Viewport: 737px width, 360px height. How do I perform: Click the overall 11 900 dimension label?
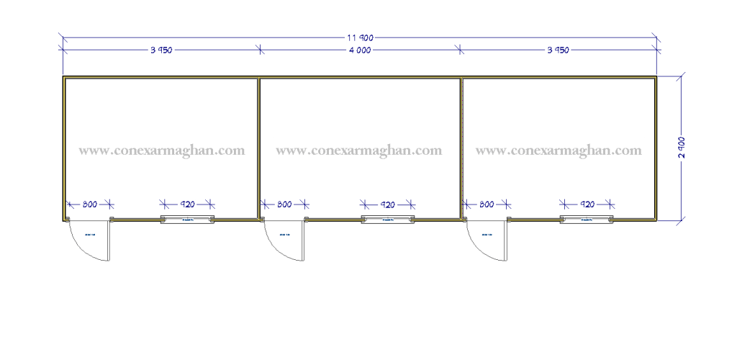point(359,37)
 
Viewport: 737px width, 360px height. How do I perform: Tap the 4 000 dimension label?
point(359,50)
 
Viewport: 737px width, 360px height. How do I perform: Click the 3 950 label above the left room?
point(161,50)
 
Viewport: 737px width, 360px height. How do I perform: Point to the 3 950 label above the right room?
point(559,50)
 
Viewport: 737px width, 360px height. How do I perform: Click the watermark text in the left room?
point(162,151)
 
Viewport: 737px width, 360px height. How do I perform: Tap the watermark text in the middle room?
point(358,150)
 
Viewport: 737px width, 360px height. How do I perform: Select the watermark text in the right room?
point(559,150)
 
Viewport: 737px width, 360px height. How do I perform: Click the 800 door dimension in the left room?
point(89,204)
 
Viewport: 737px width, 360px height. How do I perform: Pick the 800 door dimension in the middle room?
point(284,204)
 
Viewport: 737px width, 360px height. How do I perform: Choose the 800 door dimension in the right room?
point(487,204)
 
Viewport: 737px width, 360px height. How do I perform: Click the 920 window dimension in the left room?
point(187,204)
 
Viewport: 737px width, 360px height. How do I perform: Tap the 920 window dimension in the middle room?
point(388,204)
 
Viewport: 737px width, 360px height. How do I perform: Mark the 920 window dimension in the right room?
point(587,204)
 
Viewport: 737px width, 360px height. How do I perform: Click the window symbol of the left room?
point(187,219)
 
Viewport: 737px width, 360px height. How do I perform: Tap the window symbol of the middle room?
point(388,219)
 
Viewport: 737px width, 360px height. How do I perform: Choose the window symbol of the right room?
point(587,219)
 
